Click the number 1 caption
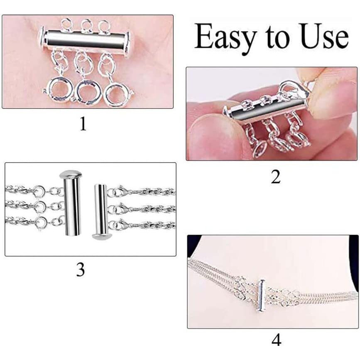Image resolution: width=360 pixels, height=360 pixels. coord(83,123)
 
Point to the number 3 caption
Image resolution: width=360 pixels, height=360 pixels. coord(81,270)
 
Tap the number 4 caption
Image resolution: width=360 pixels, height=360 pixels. coord(276,340)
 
